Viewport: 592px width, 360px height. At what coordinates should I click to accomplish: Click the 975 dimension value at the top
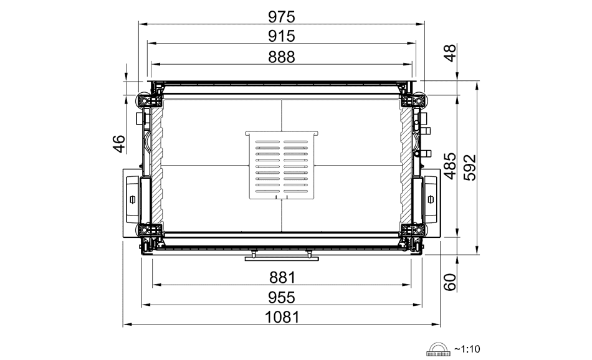pos(281,17)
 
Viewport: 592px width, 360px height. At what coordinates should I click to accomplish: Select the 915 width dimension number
pos(281,36)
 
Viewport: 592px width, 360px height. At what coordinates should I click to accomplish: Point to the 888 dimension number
pos(281,57)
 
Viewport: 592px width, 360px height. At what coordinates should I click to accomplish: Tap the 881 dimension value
pos(282,278)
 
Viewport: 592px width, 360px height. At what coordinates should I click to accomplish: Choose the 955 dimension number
pos(281,298)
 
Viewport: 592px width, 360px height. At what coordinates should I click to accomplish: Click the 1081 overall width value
pos(282,318)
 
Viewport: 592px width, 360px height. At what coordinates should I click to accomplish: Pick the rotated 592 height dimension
pos(470,168)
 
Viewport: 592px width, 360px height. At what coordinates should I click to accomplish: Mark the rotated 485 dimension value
pos(450,166)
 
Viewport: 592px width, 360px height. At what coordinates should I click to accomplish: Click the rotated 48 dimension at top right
pos(450,53)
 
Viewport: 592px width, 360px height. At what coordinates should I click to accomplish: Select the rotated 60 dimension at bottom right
pos(450,282)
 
